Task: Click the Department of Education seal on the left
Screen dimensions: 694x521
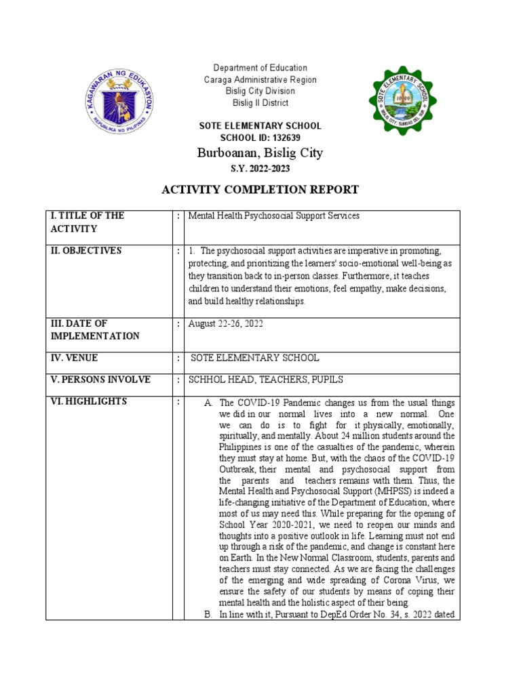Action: (x=121, y=102)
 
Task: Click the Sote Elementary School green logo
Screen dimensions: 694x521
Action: (x=398, y=102)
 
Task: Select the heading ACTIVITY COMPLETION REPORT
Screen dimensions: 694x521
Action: (x=260, y=189)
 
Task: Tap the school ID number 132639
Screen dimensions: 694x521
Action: (x=283, y=138)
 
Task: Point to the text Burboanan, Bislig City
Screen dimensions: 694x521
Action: (x=260, y=153)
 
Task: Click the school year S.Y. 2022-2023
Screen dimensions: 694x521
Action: (x=260, y=169)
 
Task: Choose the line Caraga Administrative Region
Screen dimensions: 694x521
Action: (x=260, y=79)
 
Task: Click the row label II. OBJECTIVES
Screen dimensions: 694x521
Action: (x=85, y=251)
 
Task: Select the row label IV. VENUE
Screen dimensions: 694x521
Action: (x=73, y=358)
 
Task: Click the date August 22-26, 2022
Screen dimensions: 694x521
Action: (x=226, y=324)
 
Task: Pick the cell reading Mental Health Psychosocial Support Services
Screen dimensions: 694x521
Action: (x=274, y=216)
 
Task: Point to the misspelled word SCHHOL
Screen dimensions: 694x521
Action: (x=207, y=380)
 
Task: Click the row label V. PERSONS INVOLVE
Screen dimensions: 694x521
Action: (x=100, y=380)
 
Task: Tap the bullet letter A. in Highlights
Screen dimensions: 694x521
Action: (x=208, y=403)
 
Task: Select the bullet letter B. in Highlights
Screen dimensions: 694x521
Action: (x=208, y=615)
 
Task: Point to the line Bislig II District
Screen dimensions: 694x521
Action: (x=260, y=103)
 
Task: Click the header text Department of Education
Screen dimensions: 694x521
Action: (x=260, y=68)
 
